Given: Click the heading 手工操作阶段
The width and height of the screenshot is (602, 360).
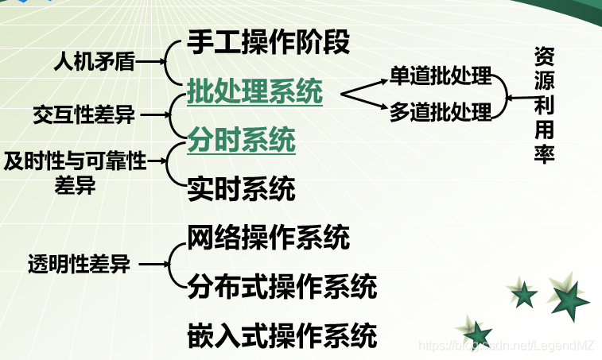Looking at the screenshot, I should (x=268, y=43).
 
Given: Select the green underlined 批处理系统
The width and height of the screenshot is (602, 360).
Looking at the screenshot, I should (x=254, y=92).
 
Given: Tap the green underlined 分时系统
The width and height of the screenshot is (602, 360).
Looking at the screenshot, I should (x=241, y=140).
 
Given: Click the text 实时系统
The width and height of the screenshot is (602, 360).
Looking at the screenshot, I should (x=241, y=189).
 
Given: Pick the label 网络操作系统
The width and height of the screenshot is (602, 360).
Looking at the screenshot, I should (x=268, y=237).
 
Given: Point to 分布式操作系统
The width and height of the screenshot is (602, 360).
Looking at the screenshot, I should (x=282, y=286).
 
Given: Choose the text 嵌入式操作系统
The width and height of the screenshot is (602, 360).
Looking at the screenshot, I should (x=282, y=335).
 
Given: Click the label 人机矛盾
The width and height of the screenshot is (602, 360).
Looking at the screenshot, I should (x=94, y=60).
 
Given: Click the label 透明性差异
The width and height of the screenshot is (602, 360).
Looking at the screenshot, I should (x=79, y=265).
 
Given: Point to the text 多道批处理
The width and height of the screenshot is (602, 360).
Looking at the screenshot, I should (x=441, y=112).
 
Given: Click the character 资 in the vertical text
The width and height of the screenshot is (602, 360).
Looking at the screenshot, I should (x=544, y=57).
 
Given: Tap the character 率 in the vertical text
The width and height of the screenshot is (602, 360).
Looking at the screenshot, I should (x=544, y=153).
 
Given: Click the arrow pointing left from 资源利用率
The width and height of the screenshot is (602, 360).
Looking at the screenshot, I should (x=520, y=98).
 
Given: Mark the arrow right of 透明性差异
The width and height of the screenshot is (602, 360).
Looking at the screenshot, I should (x=152, y=265).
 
